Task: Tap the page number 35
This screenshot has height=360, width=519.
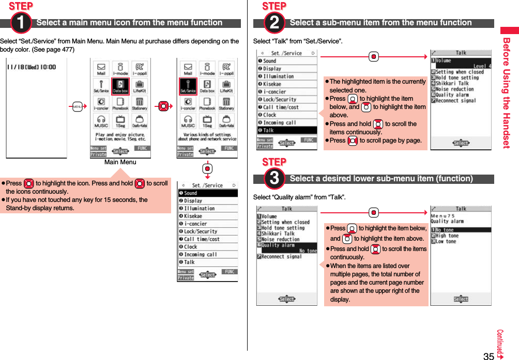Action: (x=489, y=355)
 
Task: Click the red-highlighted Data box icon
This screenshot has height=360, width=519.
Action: (x=120, y=86)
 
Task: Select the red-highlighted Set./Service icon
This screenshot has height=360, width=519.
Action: (x=188, y=86)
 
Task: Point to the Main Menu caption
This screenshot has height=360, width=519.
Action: (x=120, y=162)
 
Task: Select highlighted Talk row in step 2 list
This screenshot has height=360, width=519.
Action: (x=287, y=130)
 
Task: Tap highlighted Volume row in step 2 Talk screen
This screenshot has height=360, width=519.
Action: (x=461, y=63)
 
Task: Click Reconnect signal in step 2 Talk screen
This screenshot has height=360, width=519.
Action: (x=455, y=100)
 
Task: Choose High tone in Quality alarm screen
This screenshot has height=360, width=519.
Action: (x=447, y=236)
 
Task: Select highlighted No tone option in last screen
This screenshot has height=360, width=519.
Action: (x=460, y=230)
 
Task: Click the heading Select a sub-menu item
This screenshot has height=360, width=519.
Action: (x=380, y=23)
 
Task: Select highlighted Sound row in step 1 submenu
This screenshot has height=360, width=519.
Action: (x=207, y=193)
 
